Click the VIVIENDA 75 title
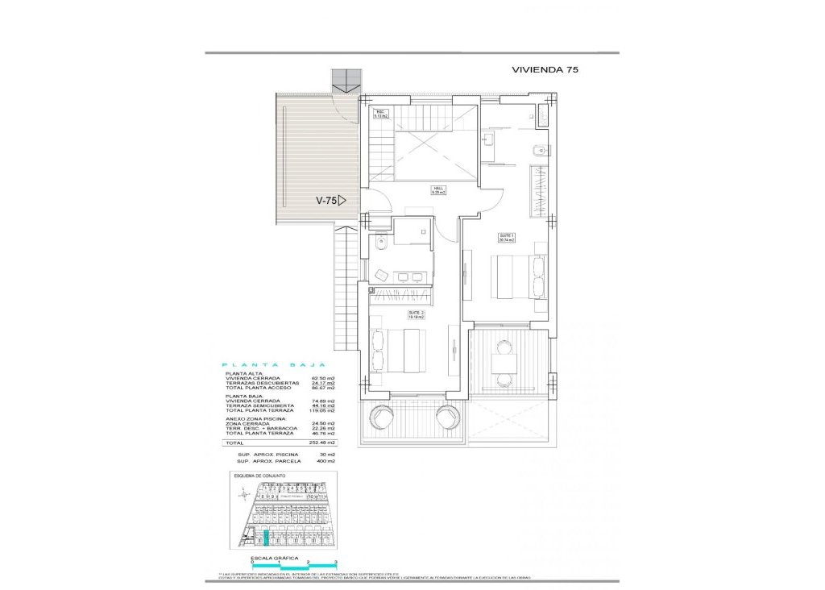545,69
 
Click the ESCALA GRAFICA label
276,558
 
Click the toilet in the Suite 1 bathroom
540,151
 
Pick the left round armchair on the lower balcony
377,418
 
